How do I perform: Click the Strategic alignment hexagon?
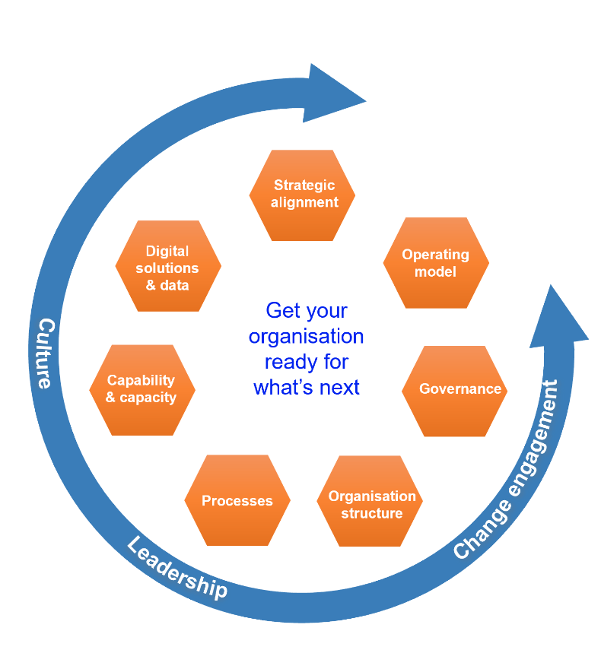(x=302, y=195)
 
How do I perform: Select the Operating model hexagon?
(x=436, y=263)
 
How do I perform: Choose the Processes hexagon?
(x=237, y=500)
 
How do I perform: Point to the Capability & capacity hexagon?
(x=142, y=389)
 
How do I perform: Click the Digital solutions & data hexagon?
(x=168, y=266)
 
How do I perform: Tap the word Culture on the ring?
(x=45, y=354)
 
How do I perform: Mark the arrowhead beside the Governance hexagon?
(x=559, y=315)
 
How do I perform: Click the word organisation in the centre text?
(x=307, y=336)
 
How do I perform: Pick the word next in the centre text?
(x=339, y=387)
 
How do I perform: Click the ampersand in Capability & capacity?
(x=111, y=398)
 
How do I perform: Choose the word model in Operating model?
(x=436, y=271)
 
